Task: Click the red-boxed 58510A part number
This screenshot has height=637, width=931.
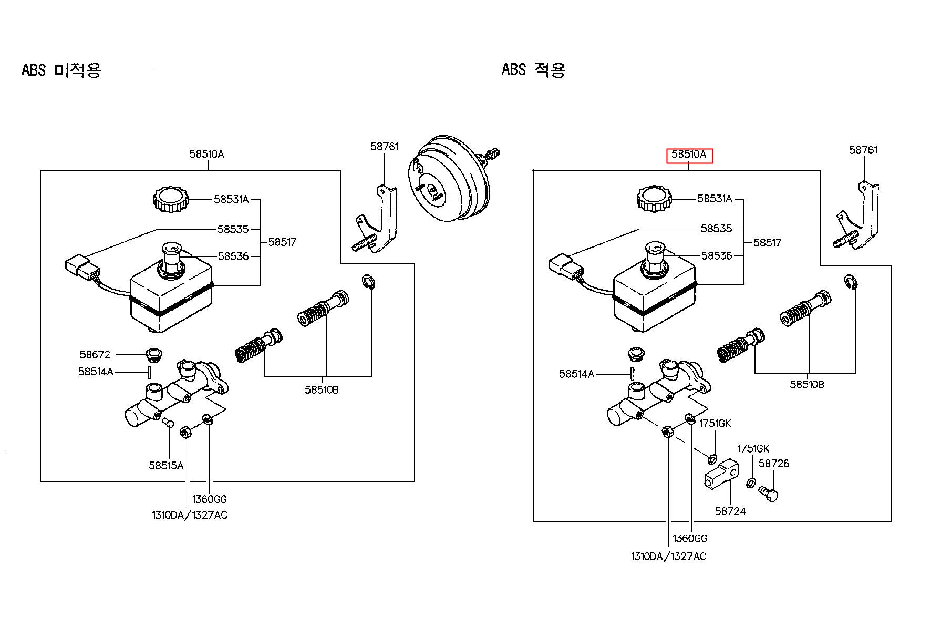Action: tap(689, 155)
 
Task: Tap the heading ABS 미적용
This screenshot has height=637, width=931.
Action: tap(61, 70)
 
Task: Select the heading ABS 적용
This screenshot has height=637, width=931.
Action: tap(533, 69)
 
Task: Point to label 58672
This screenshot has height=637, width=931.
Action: tap(95, 355)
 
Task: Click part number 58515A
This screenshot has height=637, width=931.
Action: tap(166, 465)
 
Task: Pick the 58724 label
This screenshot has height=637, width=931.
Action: tap(730, 511)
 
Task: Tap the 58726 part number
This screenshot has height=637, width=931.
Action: tap(774, 464)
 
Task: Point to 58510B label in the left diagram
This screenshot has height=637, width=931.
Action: tap(322, 390)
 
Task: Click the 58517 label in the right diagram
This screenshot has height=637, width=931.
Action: tap(767, 243)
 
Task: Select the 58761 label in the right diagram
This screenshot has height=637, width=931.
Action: tap(863, 150)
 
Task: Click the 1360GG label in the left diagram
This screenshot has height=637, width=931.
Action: tap(209, 499)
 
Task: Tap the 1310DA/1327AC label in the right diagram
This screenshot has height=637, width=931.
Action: tap(669, 557)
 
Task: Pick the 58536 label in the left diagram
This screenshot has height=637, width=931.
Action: tap(233, 256)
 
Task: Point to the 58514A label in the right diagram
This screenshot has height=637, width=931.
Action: tap(576, 374)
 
